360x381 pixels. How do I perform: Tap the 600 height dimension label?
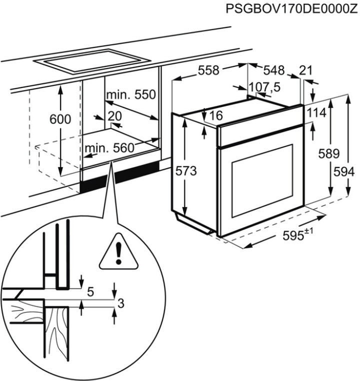click(60, 119)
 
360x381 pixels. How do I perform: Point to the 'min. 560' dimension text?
click(109, 148)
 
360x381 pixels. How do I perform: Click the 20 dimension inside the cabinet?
click(114, 116)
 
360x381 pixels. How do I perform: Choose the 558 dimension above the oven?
click(208, 70)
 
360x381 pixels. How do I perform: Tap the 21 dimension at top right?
click(305, 70)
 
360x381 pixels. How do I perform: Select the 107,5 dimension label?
click(264, 87)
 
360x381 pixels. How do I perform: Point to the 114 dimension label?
click(316, 113)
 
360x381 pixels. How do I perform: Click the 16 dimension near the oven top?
click(215, 116)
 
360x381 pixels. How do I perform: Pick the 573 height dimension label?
click(186, 170)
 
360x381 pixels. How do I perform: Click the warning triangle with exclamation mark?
click(118, 252)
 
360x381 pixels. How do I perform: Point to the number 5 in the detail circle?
click(90, 292)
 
